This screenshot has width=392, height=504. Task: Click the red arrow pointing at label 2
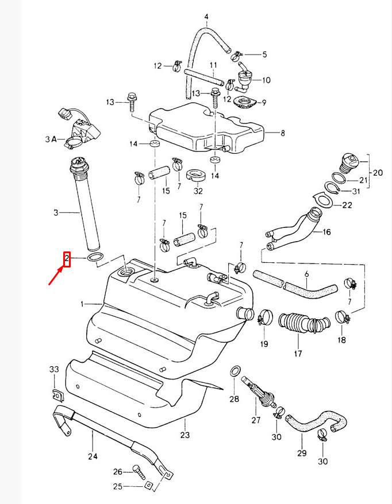pos(56,276)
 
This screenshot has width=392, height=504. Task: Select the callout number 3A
pos(51,139)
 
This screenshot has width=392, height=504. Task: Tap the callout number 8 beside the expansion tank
pos(282,133)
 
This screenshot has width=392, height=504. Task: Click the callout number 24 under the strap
pos(93,457)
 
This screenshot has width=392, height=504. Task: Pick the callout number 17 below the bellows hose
pos(298,354)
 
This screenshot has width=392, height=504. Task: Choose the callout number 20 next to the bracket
pos(377,172)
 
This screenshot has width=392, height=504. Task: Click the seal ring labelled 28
pos(236,371)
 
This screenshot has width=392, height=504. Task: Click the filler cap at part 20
pos(348,163)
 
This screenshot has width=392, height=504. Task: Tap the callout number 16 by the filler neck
pos(326,232)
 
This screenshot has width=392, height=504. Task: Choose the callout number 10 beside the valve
pos(266,79)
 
